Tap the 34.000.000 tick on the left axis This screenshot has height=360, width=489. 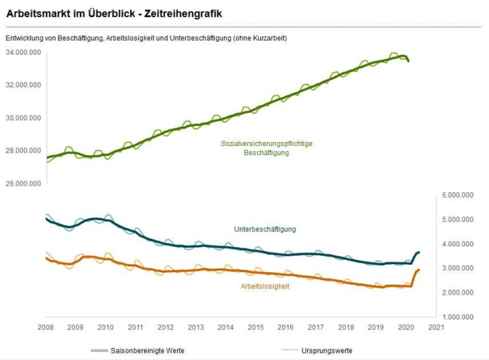[23, 52]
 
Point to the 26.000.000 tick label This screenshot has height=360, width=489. [23, 183]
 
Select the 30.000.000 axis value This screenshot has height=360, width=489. [23, 118]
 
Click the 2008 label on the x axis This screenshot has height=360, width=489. [46, 327]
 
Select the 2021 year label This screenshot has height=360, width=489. [436, 327]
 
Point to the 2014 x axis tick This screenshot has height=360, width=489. [225, 327]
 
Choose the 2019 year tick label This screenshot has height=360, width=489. [376, 327]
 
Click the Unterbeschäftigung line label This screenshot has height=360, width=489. [265, 229]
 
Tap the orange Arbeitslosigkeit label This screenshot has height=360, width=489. [264, 286]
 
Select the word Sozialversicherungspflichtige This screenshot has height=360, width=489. [266, 143]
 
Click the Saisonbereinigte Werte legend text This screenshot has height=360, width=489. [156, 350]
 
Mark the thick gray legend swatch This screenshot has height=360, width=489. [100, 350]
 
